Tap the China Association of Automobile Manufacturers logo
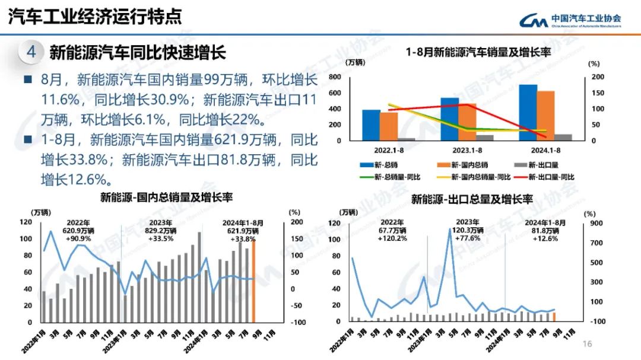pyautogui.click(x=570, y=20)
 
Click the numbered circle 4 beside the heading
pyautogui.click(x=31, y=52)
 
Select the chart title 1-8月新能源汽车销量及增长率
pyautogui.click(x=478, y=52)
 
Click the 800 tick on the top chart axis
pyautogui.click(x=334, y=77)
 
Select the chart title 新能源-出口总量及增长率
pyautogui.click(x=472, y=198)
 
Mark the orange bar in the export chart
pyautogui.click(x=554, y=317)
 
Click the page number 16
pyautogui.click(x=588, y=344)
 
